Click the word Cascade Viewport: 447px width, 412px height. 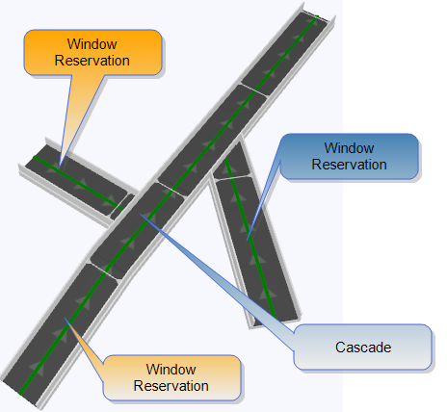point(363,348)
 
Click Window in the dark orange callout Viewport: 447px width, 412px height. point(92,44)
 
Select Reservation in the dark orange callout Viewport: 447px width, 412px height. point(92,61)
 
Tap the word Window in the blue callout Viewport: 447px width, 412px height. point(349,148)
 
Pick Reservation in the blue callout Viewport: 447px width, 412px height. point(349,165)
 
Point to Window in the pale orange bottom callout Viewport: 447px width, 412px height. point(171,370)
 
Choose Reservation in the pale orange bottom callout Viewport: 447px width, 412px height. point(171,386)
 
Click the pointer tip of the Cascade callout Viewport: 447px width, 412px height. point(140,214)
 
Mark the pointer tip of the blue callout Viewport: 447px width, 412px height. point(247,241)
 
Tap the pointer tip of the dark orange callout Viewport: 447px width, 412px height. point(60,168)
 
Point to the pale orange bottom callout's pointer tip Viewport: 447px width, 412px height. point(65,318)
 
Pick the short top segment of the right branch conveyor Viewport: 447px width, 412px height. point(231,162)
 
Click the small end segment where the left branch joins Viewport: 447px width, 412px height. point(122,207)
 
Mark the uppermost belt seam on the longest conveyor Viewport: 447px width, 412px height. point(254,90)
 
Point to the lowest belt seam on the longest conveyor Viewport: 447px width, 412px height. point(103,271)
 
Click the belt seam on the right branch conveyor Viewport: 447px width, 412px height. point(233,177)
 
